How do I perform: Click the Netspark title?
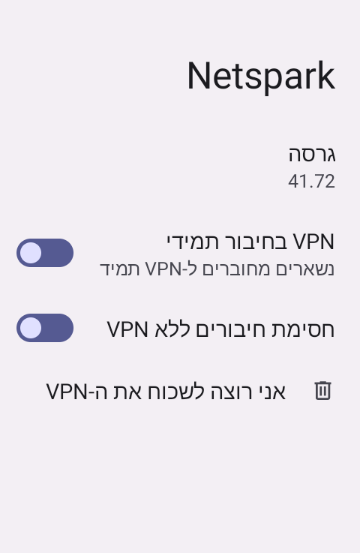tap(260, 77)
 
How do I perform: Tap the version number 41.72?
tap(311, 182)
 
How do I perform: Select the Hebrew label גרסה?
tap(312, 155)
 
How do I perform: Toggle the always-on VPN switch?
tap(45, 253)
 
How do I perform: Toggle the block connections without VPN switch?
tap(45, 328)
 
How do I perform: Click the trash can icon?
tap(322, 390)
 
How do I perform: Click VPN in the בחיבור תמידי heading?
tap(313, 242)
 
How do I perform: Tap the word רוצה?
tap(233, 392)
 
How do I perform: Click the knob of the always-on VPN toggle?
tap(31, 253)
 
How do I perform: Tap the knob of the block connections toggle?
tap(31, 328)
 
